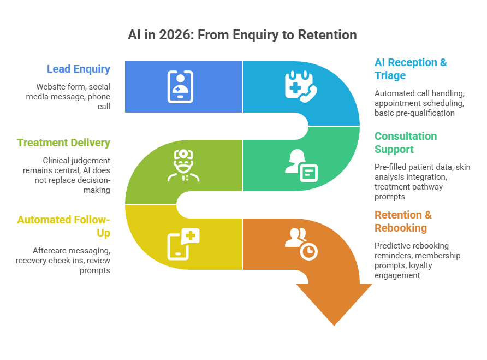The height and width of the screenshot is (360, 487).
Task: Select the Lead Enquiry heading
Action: (x=79, y=69)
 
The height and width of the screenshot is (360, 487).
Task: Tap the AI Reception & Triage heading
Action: (x=410, y=69)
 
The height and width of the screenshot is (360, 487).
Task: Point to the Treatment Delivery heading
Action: (x=63, y=143)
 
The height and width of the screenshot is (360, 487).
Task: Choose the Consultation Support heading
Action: (x=405, y=143)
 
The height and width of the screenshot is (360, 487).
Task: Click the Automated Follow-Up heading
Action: (x=63, y=226)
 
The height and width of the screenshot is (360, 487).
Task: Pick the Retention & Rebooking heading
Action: (x=402, y=221)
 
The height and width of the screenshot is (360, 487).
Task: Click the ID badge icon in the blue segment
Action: (x=180, y=86)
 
